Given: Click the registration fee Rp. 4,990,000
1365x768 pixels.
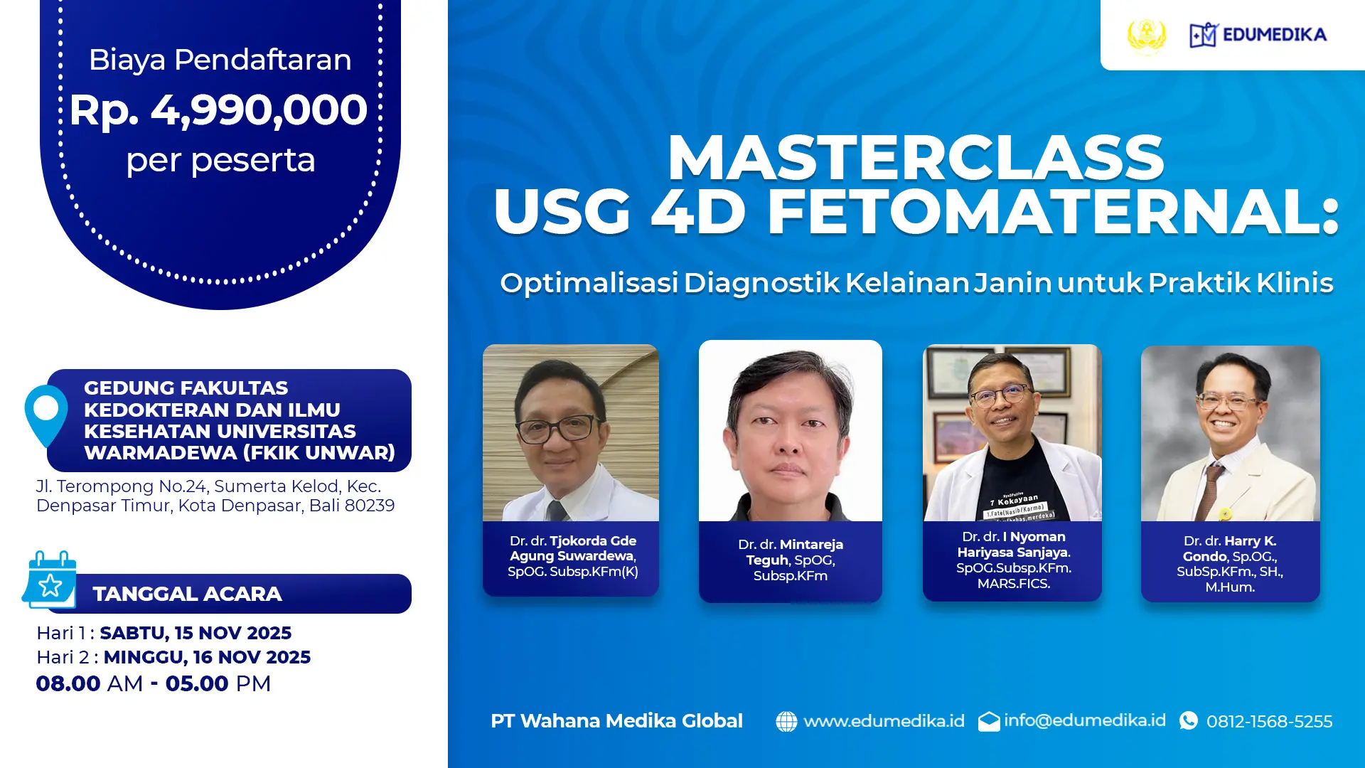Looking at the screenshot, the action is (x=218, y=110).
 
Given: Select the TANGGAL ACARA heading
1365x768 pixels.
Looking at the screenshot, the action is (x=187, y=594).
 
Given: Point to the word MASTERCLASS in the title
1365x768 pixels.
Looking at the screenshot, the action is (x=916, y=157).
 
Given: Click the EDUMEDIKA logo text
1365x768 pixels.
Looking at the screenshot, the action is (x=1274, y=34).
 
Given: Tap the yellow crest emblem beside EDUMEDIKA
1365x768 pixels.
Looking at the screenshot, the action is (x=1147, y=35).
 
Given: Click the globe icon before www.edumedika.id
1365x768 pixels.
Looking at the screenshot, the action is (x=786, y=721).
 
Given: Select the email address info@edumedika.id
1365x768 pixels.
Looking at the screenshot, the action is (x=1084, y=720).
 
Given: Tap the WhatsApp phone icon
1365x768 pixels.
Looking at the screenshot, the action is (x=1189, y=721).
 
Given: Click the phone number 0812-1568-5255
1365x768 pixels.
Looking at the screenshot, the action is (x=1269, y=722).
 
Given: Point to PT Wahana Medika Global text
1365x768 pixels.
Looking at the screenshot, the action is (x=616, y=721).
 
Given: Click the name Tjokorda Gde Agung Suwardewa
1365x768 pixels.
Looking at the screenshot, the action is (x=573, y=548).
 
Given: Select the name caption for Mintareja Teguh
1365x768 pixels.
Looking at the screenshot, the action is (x=791, y=560).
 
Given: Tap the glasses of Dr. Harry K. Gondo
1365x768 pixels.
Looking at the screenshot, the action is (x=1228, y=400).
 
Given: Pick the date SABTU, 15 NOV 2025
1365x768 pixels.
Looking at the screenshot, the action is (x=196, y=633).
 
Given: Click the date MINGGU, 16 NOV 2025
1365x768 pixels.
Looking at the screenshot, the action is (x=207, y=657).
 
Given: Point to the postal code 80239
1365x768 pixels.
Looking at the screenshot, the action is (x=370, y=506).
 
